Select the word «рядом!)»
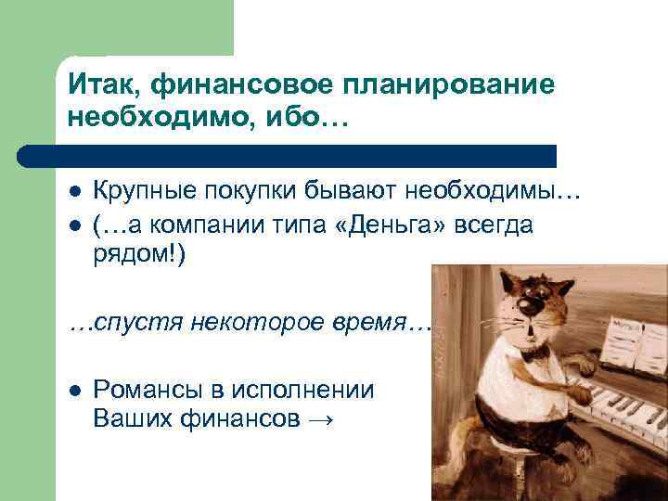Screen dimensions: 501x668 140,255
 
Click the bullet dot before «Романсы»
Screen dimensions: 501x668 76,391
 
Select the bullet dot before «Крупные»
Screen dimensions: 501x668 76,192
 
